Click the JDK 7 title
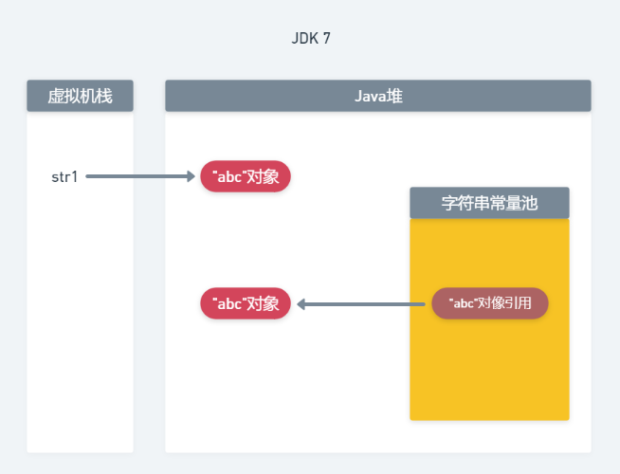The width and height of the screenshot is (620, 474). (311, 39)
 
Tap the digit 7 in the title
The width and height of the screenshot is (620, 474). (326, 39)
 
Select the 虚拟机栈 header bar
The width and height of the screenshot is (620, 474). (80, 96)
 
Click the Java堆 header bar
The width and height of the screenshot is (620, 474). (377, 96)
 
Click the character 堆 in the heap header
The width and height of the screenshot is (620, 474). (395, 96)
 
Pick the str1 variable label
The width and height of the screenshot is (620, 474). (64, 176)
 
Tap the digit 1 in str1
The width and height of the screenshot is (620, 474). (75, 176)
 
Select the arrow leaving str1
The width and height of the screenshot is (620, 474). (138, 176)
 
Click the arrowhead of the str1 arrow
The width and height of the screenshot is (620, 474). (189, 176)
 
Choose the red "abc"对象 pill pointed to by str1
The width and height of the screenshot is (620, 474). (246, 176)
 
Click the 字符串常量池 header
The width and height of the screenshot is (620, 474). (489, 203)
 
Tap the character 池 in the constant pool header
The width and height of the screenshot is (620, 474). (528, 203)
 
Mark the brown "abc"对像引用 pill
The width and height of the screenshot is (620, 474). (489, 303)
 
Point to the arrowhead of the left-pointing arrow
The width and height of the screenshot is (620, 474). (302, 304)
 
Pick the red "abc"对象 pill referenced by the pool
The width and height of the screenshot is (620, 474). (246, 303)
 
